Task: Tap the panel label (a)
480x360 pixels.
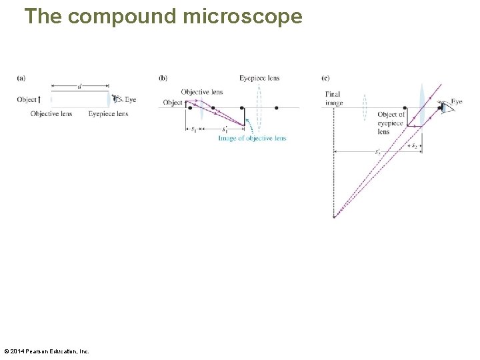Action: click(x=21, y=78)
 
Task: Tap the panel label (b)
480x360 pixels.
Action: click(x=163, y=78)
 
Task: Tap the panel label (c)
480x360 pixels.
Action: click(x=325, y=78)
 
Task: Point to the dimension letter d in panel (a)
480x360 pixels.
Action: click(x=80, y=87)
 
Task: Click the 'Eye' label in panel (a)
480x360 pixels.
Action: click(x=130, y=100)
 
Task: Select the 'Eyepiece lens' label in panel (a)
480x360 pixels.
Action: click(x=108, y=114)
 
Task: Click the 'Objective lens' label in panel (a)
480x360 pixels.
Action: click(x=51, y=114)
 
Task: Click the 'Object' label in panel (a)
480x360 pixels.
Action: click(x=27, y=100)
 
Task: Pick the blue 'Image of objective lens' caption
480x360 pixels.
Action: click(x=252, y=138)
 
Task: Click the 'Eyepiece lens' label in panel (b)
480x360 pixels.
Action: click(x=259, y=78)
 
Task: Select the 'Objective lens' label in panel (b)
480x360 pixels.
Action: click(x=201, y=92)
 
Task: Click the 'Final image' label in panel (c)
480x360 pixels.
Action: click(x=334, y=98)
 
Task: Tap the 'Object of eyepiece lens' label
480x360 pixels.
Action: click(x=391, y=123)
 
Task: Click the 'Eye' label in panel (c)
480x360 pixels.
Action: click(x=456, y=102)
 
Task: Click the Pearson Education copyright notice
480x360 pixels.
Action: click(x=47, y=351)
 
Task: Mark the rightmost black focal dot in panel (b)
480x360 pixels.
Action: click(x=276, y=107)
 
